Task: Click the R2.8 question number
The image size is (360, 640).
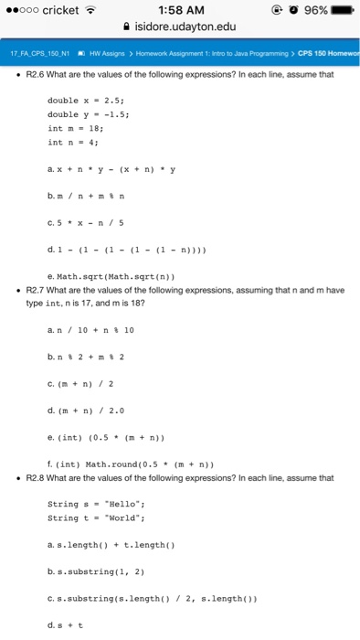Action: (x=37, y=477)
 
